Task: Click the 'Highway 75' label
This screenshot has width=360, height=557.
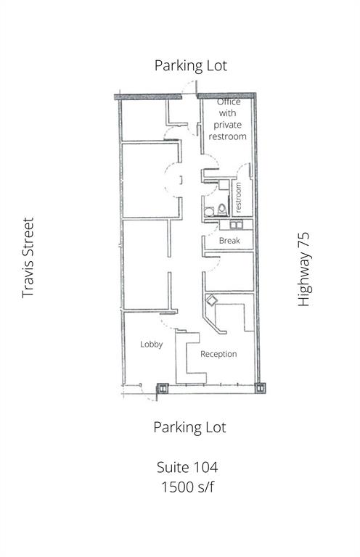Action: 304,269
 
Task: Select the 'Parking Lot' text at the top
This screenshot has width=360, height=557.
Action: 190,65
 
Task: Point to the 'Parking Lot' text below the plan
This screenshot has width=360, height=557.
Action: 189,426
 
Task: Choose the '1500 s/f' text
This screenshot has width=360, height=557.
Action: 186,486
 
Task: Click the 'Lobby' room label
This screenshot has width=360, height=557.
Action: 151,344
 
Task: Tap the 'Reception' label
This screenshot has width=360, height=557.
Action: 218,354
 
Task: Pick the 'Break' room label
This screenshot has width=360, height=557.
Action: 229,240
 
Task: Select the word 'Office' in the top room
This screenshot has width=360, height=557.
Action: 229,102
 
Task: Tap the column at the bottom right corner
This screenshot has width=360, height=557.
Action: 259,389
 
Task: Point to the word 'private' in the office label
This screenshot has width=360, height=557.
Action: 228,125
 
